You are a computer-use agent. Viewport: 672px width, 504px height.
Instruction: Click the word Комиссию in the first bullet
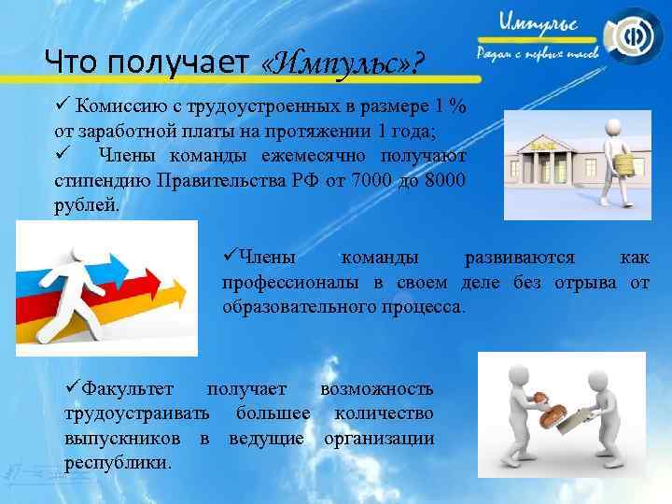coord(119,104)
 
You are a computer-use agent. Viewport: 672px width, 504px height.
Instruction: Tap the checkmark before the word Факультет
coord(72,388)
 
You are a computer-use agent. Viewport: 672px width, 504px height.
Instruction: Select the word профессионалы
coord(288,283)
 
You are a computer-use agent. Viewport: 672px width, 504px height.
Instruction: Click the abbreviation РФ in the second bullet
coord(301,177)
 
